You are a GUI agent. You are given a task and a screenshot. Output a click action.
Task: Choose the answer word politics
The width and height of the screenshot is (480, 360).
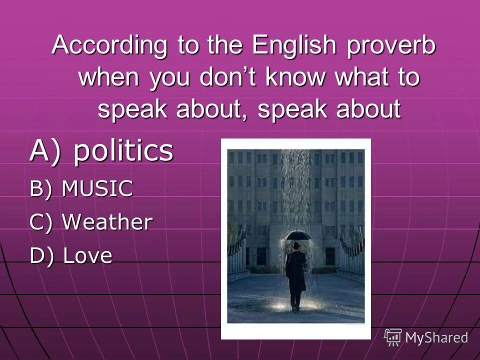(123, 151)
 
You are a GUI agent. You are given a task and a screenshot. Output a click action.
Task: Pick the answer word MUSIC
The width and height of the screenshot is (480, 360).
(98, 189)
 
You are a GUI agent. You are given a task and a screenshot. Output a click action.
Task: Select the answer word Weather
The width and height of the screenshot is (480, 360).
(107, 222)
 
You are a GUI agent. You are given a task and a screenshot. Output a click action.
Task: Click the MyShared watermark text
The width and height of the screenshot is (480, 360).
(436, 337)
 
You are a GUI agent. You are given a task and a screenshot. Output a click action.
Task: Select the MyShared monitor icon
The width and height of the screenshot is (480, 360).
(393, 337)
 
